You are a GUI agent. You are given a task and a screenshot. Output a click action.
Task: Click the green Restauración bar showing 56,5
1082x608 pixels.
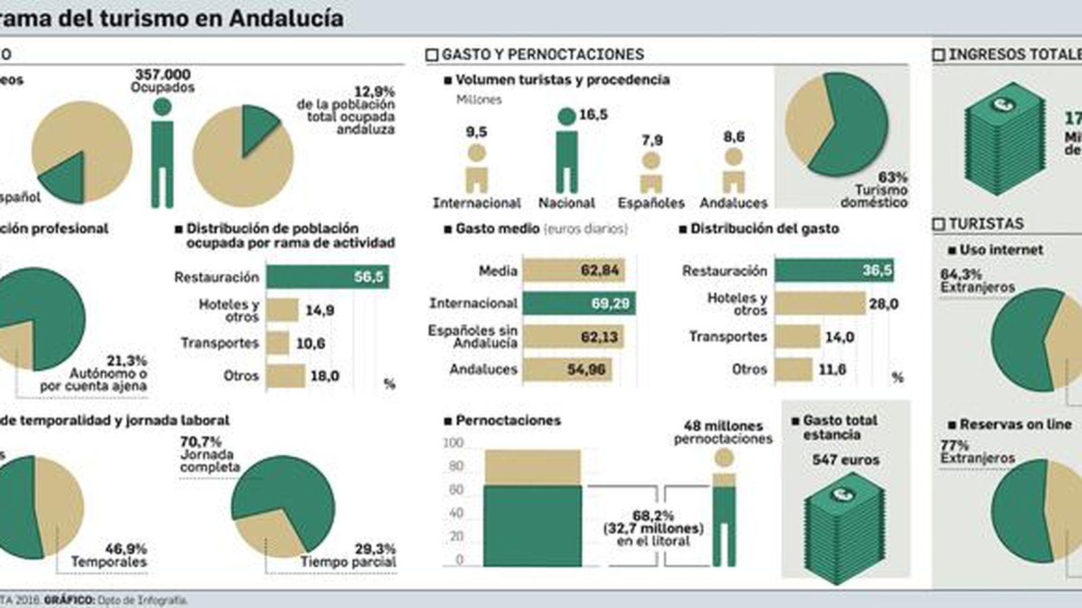coord(327,277)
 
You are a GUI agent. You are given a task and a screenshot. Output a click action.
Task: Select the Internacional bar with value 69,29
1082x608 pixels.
coord(579,303)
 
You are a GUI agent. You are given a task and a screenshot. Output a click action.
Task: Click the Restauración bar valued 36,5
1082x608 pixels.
coord(834,271)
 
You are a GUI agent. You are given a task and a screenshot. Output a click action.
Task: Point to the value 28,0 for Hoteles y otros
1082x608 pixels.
coord(883,304)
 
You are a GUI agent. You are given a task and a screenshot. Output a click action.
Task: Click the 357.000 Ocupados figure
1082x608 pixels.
coord(162,80)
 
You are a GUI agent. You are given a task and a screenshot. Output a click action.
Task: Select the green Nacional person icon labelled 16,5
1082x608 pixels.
coord(567,152)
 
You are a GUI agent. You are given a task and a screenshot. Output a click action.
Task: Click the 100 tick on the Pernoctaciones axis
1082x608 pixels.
coord(453,443)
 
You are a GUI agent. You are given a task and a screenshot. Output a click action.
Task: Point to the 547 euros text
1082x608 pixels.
coord(845,460)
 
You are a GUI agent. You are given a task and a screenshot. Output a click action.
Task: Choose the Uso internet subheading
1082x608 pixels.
coord(1001,250)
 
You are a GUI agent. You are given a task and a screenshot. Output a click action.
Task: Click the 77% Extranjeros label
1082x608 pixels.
coord(977,451)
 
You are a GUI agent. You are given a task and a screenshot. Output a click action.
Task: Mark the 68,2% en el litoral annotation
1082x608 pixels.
coord(653,528)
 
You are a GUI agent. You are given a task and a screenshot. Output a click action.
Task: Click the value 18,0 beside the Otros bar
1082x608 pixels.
coord(325,376)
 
